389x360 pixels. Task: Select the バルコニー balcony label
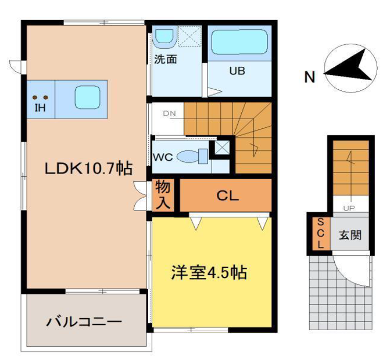click(x=85, y=322)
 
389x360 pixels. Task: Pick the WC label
click(x=165, y=156)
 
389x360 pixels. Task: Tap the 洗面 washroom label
click(x=166, y=59)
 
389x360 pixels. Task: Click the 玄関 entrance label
click(x=349, y=236)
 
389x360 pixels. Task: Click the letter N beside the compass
click(x=310, y=76)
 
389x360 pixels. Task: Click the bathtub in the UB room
click(x=239, y=44)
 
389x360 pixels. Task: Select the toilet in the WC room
click(x=199, y=154)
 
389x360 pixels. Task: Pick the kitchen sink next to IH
click(x=84, y=97)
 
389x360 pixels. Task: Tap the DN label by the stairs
click(x=170, y=113)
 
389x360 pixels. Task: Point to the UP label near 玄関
click(x=348, y=208)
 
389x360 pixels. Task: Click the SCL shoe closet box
click(x=321, y=233)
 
